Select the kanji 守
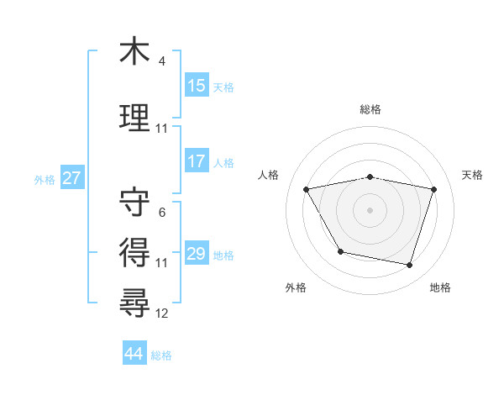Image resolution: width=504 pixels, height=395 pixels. point(135,203)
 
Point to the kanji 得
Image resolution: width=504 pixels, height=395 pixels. point(135,250)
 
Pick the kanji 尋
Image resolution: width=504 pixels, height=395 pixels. point(135,300)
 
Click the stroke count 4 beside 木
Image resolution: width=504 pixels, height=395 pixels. point(161,61)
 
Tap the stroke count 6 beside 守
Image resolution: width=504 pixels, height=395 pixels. point(161,213)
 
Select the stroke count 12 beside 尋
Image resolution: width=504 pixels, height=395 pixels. point(162,313)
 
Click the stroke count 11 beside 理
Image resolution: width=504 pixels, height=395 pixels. point(162,129)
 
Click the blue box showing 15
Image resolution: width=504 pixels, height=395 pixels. point(197,86)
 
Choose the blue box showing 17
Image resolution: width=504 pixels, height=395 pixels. point(197,161)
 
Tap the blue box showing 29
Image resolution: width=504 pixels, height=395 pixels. point(197,254)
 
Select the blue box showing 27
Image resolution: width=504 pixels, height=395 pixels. point(71,178)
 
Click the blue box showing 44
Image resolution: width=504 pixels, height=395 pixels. point(134,354)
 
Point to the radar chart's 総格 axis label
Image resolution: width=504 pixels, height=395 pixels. point(370,110)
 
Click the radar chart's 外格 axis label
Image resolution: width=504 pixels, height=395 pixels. point(296,287)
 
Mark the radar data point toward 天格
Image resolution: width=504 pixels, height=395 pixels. point(434,189)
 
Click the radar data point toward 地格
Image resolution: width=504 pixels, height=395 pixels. point(409,266)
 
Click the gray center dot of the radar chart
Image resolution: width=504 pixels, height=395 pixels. point(370,209)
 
